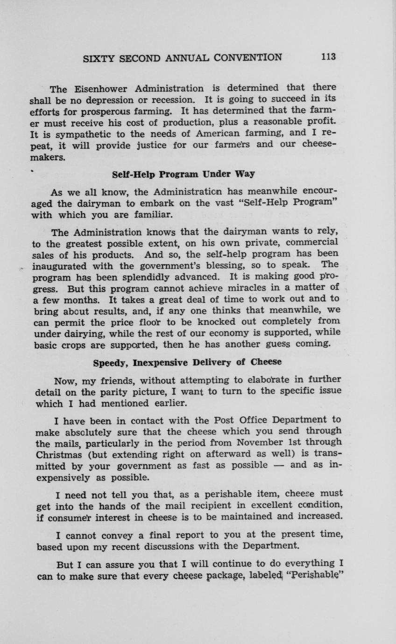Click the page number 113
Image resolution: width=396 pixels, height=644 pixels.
point(328,57)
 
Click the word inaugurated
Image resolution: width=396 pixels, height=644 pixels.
point(59,266)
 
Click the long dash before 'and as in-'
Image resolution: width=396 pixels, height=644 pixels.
point(282,465)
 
